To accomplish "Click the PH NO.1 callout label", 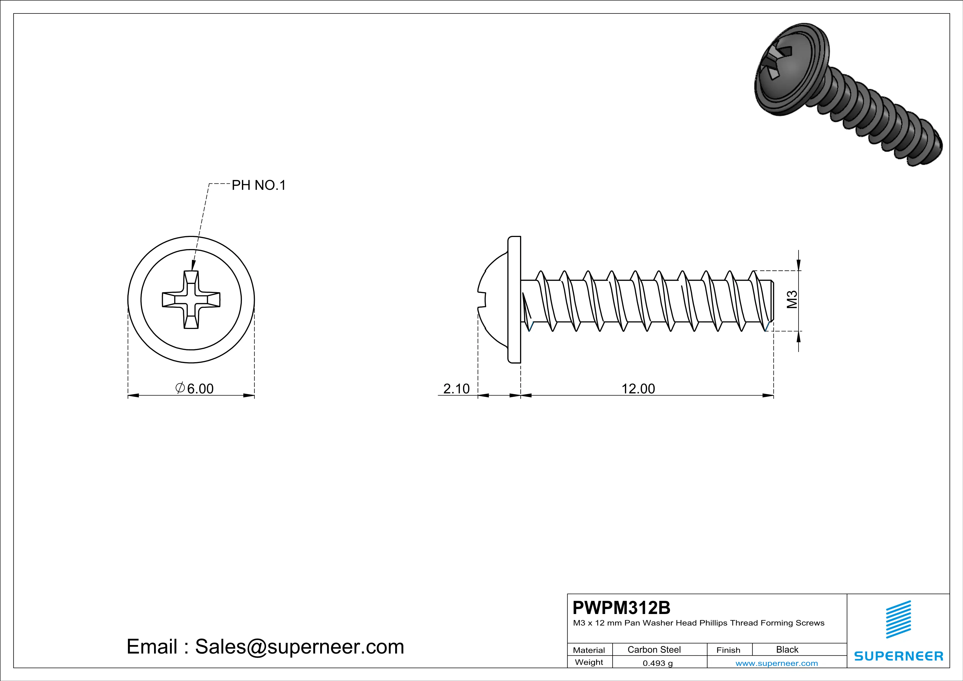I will (258, 185).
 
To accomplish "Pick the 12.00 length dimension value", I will (638, 389).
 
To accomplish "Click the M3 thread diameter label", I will (791, 300).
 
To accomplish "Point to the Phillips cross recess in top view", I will (191, 299).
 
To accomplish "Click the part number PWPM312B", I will (621, 608).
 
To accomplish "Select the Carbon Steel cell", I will (654, 649).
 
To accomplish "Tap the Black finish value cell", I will (787, 649).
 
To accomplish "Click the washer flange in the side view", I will (514, 299).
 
